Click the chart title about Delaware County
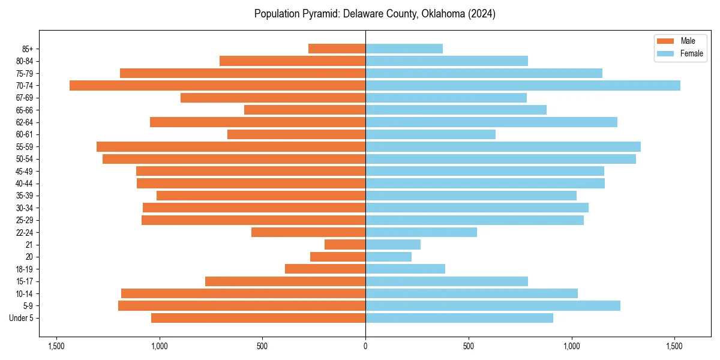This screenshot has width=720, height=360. (x=374, y=14)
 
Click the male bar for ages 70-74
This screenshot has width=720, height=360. (x=217, y=86)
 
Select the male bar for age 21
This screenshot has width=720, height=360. (x=345, y=245)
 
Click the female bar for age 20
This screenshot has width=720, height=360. (x=388, y=257)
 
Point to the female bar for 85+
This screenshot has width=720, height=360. (x=404, y=49)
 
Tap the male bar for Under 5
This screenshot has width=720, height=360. (x=258, y=318)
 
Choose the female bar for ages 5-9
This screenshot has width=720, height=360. (x=493, y=306)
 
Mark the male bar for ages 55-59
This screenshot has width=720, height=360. (x=231, y=147)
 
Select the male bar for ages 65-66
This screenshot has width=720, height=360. (x=305, y=110)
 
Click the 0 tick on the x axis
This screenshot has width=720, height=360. (x=365, y=346)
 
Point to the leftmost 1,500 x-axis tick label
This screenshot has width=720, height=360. (x=56, y=346)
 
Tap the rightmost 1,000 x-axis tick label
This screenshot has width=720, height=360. (x=572, y=346)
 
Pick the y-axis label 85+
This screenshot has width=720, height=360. (x=28, y=49)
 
